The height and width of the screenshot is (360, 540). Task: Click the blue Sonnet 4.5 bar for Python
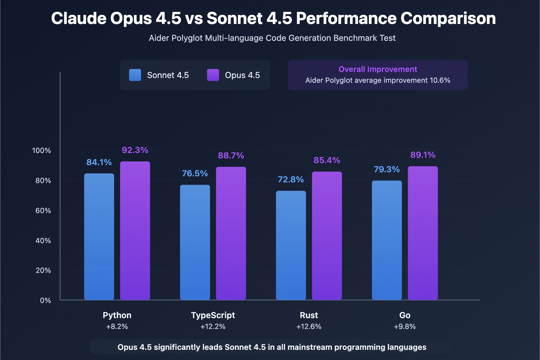click(x=99, y=236)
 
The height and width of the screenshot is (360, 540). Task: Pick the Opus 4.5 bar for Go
click(x=423, y=233)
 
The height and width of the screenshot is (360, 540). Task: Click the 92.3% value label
click(x=135, y=150)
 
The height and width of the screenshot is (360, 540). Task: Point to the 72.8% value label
click(x=291, y=179)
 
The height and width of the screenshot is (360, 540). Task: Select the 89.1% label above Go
click(x=423, y=155)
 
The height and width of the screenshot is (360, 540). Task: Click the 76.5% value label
click(x=195, y=173)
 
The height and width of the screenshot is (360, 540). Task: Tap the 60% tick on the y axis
click(x=43, y=211)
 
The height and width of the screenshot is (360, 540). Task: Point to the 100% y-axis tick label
click(x=42, y=151)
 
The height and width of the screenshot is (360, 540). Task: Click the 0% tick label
click(x=45, y=301)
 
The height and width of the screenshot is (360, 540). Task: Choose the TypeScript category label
click(x=213, y=315)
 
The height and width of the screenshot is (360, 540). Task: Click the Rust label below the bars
click(x=309, y=315)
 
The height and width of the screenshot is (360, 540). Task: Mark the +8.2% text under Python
click(x=117, y=327)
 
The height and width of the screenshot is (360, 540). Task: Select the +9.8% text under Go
click(x=405, y=327)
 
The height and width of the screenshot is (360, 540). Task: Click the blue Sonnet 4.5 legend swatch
click(x=135, y=75)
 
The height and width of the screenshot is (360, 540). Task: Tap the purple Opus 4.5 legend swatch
click(x=213, y=75)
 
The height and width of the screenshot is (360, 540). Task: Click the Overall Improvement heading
click(x=378, y=69)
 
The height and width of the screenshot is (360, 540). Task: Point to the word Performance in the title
click(x=346, y=18)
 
